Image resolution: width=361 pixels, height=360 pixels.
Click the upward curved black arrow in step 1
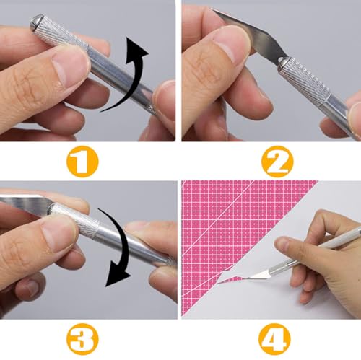pos(130,76)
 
